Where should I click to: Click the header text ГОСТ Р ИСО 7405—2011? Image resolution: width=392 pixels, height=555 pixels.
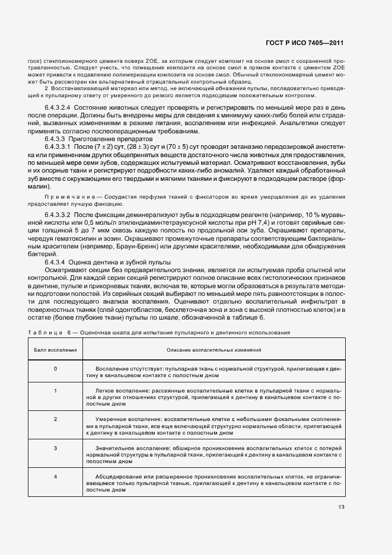point(309,43)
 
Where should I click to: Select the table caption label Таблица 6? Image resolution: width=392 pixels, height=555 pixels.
point(50,333)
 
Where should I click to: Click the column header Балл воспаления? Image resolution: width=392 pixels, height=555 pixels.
point(55,350)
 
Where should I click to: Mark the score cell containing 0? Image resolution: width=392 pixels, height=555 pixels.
point(55,369)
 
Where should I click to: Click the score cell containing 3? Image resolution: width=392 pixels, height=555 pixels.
point(55,448)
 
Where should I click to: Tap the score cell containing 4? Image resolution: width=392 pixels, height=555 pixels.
point(55,477)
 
